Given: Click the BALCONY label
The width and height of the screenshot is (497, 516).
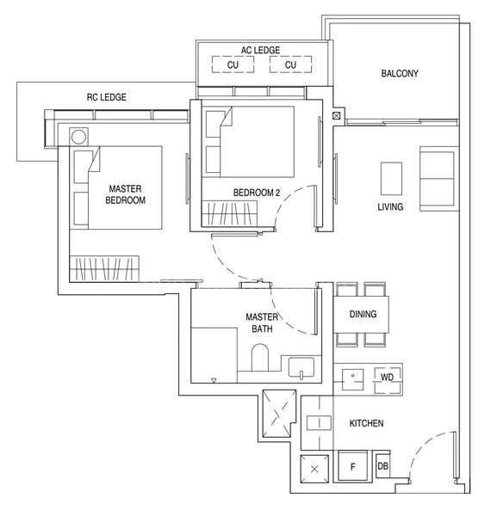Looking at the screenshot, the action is point(400,73).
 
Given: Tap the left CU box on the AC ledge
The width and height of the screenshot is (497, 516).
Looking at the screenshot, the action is point(233,64).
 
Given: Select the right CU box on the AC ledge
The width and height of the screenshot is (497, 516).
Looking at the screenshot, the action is point(290,64).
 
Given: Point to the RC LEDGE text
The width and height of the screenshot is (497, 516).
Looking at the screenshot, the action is point(107,97).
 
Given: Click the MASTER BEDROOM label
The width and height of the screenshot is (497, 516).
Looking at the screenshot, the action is point(125,194).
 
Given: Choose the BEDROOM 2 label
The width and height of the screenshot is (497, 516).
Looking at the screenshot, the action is point(257,193).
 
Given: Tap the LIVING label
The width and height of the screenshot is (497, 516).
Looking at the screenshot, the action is point(390,206).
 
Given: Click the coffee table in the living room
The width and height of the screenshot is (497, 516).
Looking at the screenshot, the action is point(391,178).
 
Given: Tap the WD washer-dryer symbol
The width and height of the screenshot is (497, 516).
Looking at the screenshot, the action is point(388,380).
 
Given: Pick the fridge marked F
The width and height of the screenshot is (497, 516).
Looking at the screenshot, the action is point(352,466).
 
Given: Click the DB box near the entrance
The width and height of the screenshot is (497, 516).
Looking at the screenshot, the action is point(383,466).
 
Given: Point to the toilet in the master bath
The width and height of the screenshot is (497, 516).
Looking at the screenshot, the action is point(260,358).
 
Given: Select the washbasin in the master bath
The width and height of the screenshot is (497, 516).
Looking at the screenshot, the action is point(301,367).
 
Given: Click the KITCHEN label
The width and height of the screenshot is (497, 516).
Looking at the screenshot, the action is point(366,423).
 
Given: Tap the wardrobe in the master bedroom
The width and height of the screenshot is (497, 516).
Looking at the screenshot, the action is point(104,268).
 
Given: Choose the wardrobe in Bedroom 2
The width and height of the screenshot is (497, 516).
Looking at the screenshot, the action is point(229,213).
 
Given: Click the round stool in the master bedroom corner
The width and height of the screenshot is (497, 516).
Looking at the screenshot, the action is point(78,137).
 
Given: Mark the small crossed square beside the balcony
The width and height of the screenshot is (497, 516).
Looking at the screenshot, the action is point(336,116).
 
